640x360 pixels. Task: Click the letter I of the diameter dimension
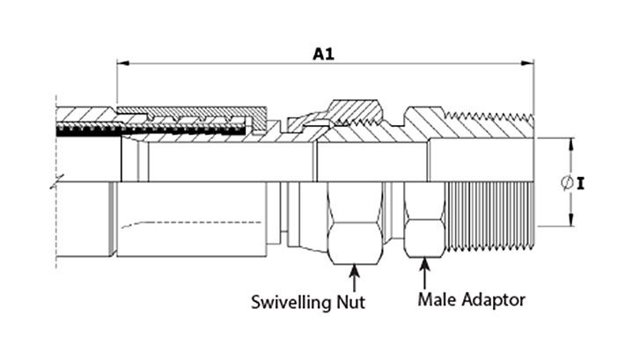583,184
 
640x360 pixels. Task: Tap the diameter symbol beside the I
567,183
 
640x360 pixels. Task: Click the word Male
438,299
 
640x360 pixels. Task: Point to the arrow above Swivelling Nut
354,277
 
